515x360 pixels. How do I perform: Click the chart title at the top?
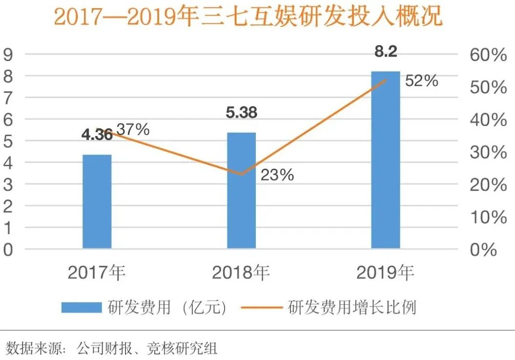(248, 17)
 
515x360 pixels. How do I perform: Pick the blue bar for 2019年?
(386, 160)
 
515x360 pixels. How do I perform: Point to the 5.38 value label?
(241, 113)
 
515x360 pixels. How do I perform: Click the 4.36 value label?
(97, 135)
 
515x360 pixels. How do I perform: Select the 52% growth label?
(422, 81)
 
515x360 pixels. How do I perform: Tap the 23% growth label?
(277, 175)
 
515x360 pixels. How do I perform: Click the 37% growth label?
(133, 129)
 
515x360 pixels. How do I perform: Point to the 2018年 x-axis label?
(241, 273)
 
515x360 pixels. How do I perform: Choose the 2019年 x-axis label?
(386, 273)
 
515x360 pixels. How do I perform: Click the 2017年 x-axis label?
(97, 273)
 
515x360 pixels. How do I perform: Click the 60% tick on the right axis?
(488, 55)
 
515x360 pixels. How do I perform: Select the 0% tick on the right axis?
(483, 250)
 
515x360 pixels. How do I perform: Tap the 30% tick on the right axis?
(488, 152)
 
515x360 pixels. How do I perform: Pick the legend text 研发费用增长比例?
(352, 307)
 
